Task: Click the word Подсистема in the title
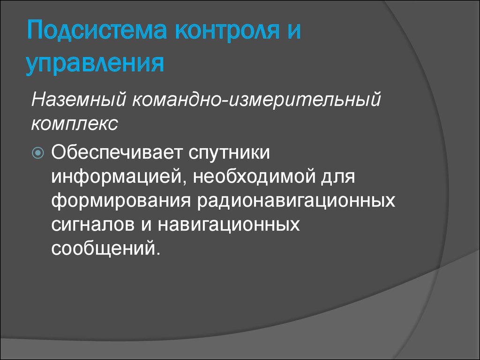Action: [97, 30]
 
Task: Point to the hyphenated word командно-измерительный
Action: [256, 99]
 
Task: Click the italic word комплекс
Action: [75, 124]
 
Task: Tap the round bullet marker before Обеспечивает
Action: [38, 152]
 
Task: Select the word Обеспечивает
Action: [117, 152]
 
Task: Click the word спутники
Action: [229, 152]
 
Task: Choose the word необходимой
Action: [254, 176]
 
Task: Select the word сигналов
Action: [93, 225]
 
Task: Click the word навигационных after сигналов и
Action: [229, 225]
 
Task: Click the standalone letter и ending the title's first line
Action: [294, 32]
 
